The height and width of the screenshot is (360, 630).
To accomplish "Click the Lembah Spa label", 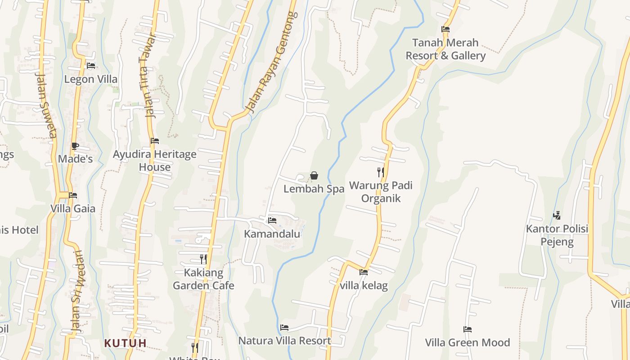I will tap(314, 189).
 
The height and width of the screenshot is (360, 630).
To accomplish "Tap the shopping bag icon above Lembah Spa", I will tap(314, 175).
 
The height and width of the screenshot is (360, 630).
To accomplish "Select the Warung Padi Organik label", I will tap(381, 192).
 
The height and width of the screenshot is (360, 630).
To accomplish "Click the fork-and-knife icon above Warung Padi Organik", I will tap(381, 172).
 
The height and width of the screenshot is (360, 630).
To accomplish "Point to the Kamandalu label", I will tap(272, 234).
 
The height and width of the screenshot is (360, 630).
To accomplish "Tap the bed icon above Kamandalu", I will tap(272, 220).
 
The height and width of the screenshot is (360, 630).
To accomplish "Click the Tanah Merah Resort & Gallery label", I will tap(445, 49).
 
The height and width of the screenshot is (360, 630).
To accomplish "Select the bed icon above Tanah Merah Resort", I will tap(445, 29).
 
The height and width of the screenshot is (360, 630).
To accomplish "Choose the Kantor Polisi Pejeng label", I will tap(557, 235).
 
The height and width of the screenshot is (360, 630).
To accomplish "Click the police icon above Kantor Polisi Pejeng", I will tap(557, 216).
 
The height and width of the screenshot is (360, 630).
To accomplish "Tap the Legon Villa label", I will tap(91, 79).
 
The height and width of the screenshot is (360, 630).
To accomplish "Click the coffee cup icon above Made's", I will tap(75, 146).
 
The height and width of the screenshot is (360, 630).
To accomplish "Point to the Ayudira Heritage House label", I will tap(154, 161).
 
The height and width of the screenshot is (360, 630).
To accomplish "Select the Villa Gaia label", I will tap(73, 208).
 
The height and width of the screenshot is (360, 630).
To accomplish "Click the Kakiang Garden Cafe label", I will tap(203, 279).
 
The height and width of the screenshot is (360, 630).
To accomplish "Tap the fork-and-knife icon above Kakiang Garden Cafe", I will tap(203, 259).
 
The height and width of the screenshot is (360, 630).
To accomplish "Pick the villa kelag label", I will tap(364, 285).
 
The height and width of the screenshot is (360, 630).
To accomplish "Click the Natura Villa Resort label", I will tap(284, 341).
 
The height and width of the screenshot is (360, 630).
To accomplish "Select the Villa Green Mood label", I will tap(468, 342).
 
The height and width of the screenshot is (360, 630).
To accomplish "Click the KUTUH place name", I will tap(126, 343).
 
